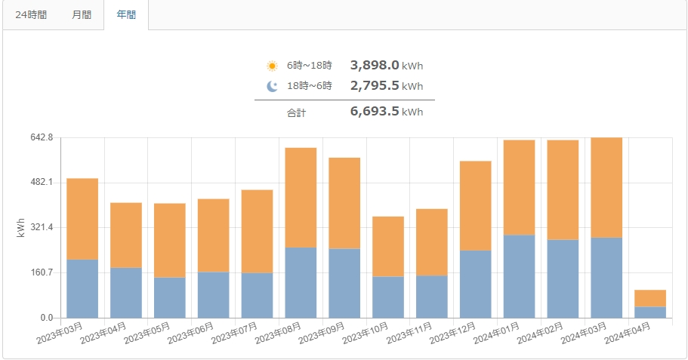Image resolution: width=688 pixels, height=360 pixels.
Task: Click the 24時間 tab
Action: tap(31, 15)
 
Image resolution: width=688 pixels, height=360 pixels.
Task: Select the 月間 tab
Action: tap(82, 15)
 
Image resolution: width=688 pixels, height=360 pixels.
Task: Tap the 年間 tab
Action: tap(126, 15)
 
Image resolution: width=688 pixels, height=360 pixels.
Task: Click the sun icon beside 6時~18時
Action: tap(272, 66)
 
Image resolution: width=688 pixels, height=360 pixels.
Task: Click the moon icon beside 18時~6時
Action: tap(272, 86)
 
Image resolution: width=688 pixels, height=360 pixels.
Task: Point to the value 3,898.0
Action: tap(375, 66)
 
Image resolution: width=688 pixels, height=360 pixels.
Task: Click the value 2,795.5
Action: tap(375, 86)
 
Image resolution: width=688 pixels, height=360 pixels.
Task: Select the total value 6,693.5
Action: tap(375, 112)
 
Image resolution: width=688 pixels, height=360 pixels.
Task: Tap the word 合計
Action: tap(296, 112)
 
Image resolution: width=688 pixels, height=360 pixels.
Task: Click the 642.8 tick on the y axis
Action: tap(41, 137)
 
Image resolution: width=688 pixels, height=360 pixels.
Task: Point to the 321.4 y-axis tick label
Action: tap(41, 227)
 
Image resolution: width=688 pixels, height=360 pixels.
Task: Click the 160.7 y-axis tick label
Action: tap(41, 272)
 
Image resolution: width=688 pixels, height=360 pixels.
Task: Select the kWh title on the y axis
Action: tap(20, 228)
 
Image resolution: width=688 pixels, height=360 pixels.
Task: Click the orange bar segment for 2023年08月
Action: tap(301, 197)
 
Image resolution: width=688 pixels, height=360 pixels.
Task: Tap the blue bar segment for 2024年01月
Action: tap(519, 276)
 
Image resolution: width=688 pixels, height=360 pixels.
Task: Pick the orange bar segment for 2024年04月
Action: tap(650, 298)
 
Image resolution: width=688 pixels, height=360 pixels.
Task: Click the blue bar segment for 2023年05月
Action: tap(170, 297)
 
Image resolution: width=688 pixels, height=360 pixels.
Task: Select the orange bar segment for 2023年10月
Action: tap(388, 246)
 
